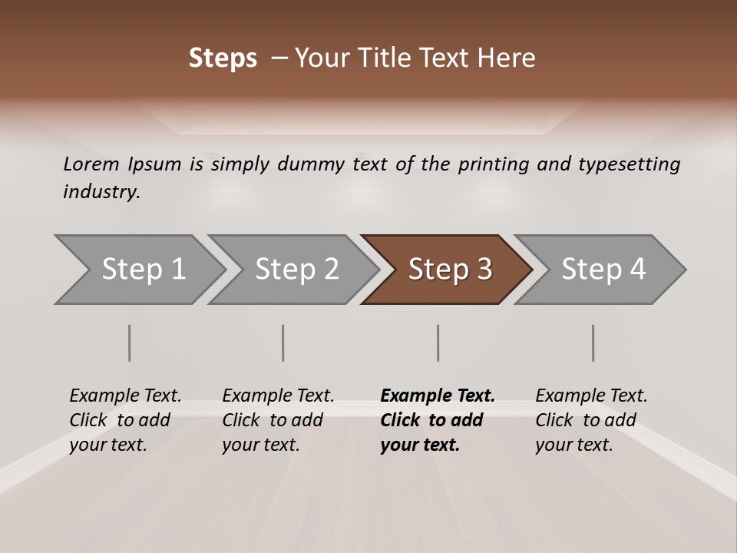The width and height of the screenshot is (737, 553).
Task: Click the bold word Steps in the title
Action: click(x=223, y=58)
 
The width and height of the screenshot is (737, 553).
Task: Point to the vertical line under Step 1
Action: click(x=130, y=343)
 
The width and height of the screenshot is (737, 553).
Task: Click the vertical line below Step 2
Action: click(x=283, y=343)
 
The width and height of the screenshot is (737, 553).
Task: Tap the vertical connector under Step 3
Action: click(x=438, y=343)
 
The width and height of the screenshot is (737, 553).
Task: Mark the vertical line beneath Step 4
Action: click(x=593, y=343)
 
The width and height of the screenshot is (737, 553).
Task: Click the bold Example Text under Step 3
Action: click(x=438, y=419)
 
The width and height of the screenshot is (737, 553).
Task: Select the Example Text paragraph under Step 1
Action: click(x=125, y=419)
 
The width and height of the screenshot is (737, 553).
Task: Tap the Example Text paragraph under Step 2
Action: click(x=278, y=419)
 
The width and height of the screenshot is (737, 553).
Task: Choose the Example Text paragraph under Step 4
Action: click(x=591, y=419)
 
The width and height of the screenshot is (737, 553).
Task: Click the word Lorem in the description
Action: click(x=91, y=164)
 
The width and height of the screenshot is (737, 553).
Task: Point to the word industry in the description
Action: click(x=101, y=191)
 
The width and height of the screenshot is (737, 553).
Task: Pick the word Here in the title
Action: click(x=511, y=58)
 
